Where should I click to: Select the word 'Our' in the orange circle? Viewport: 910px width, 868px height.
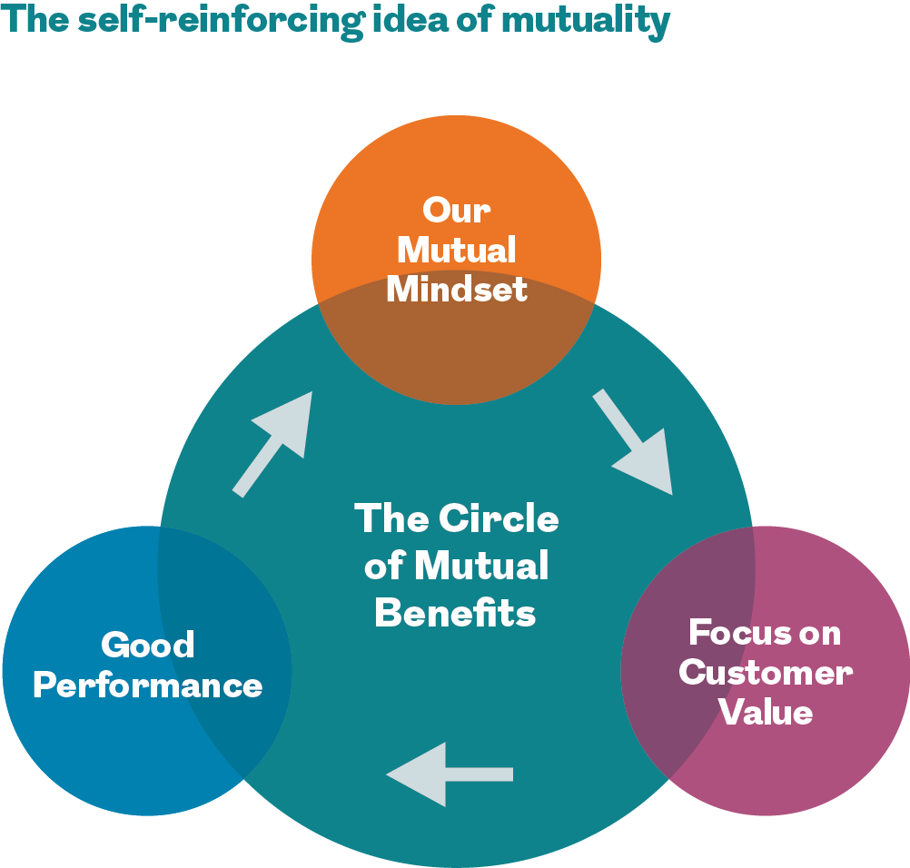point(456,211)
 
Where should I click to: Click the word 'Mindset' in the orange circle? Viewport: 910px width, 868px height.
point(456,289)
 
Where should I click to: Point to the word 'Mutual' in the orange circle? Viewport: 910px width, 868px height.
point(456,250)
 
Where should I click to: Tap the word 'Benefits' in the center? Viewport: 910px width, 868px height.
point(455,613)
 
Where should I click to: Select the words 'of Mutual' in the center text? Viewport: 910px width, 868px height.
point(456,566)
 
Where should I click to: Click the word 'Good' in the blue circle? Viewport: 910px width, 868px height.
point(147,646)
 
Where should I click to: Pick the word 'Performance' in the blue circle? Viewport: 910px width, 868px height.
point(147,685)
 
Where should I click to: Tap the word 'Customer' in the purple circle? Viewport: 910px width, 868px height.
point(765,673)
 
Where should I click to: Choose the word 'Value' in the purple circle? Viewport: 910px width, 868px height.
point(765,712)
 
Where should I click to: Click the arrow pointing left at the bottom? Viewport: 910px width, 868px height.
point(449,774)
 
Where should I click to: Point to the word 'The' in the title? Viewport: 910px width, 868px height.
point(35,20)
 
